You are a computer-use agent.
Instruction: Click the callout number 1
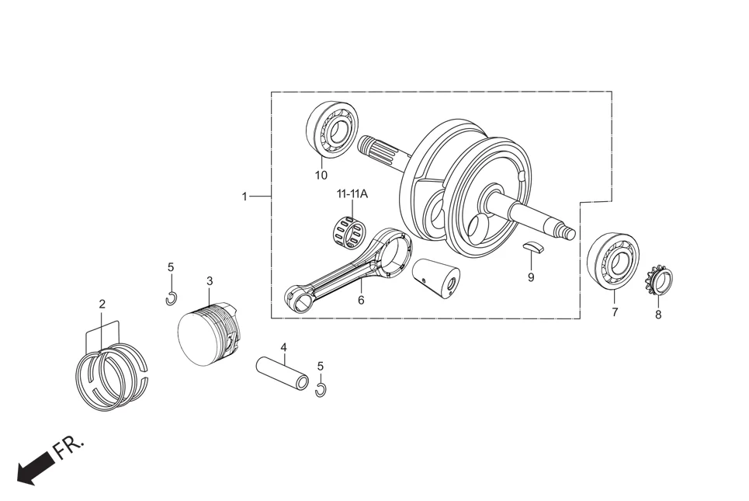[x=244, y=197]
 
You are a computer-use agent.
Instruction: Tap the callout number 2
[x=102, y=304]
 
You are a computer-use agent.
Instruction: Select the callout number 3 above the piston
[x=210, y=280]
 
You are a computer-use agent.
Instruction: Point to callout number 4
[x=284, y=346]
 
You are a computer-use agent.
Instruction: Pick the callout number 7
[x=615, y=312]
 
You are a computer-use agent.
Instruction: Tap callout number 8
[x=658, y=315]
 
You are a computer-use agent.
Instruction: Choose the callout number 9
[x=531, y=277]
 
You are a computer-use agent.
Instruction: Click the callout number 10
[x=321, y=175]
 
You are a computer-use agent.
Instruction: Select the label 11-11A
[x=352, y=193]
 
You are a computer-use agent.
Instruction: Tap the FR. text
[x=68, y=447]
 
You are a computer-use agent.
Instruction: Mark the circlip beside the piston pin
[x=321, y=389]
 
